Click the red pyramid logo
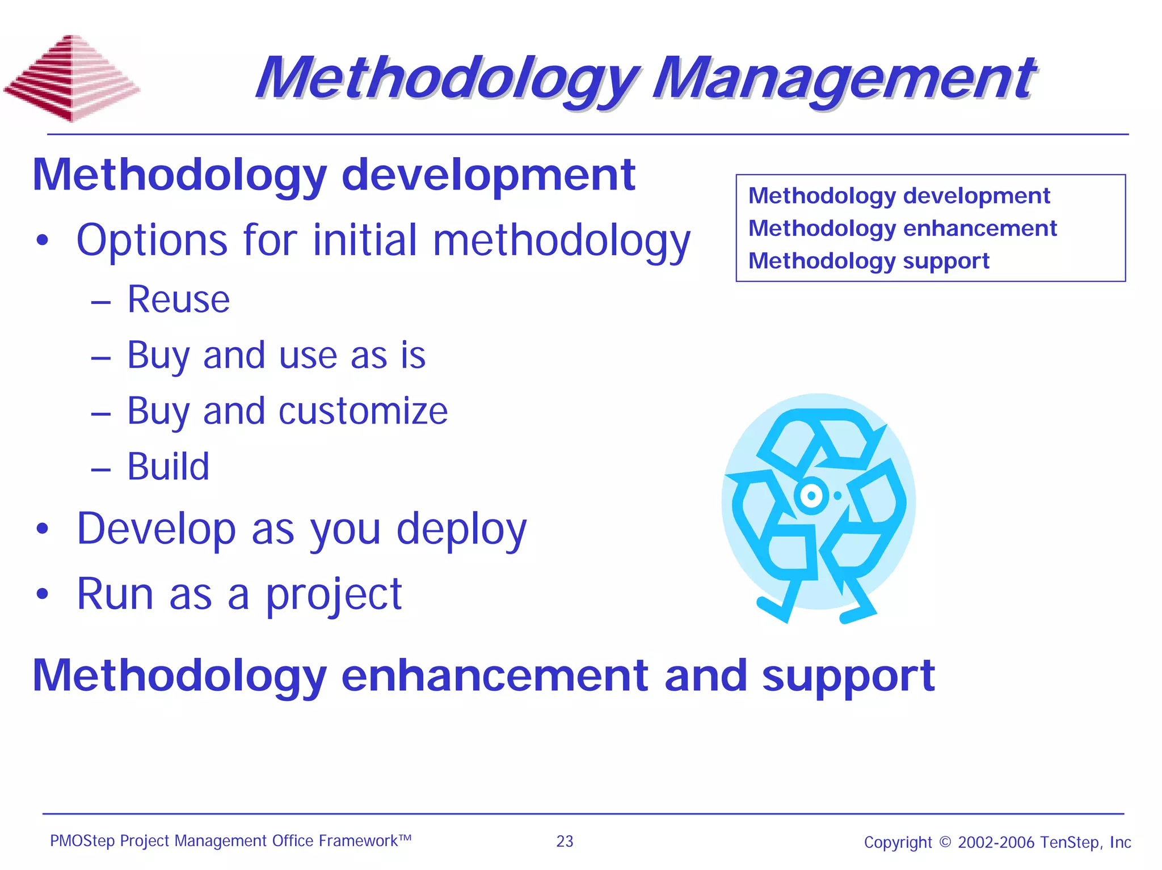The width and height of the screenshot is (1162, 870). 71,79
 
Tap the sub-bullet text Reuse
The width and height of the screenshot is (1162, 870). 178,299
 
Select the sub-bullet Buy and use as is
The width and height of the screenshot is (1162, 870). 276,356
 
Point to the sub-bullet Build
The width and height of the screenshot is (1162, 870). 168,467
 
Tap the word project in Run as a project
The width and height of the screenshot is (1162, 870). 334,595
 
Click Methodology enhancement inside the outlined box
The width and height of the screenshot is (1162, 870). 902,229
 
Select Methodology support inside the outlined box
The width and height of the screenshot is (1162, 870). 869,261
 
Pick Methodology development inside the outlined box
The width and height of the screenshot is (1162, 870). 899,196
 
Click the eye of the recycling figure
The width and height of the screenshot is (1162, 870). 811,496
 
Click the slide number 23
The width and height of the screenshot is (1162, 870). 565,842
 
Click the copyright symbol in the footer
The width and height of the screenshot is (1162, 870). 945,842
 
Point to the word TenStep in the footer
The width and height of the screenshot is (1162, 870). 1070,842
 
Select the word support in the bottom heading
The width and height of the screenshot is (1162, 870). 848,677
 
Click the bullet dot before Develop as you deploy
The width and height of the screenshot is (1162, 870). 43,529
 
